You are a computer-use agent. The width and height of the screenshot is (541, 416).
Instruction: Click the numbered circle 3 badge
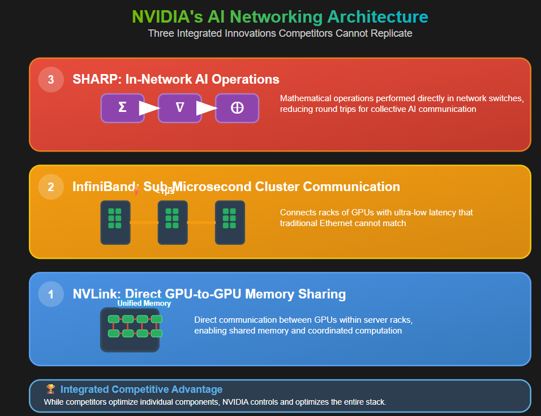point(51,80)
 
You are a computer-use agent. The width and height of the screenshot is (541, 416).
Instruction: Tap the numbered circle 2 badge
point(51,187)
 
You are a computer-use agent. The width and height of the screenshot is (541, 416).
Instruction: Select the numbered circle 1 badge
point(51,294)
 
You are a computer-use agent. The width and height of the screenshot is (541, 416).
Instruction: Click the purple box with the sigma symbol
point(122,108)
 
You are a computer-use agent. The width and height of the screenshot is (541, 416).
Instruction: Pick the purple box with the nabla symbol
point(180,108)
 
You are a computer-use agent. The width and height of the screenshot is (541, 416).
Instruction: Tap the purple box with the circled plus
point(237,108)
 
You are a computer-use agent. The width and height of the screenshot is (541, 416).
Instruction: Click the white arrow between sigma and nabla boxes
point(149,108)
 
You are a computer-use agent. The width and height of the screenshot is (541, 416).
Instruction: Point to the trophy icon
point(51,389)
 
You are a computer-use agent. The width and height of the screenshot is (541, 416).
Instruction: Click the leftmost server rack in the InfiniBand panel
point(115,222)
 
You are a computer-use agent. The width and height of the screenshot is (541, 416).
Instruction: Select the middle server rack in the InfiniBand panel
point(172,222)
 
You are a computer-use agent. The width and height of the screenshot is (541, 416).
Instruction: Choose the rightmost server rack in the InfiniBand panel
point(230,222)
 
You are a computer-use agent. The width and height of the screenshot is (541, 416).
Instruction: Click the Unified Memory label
point(144,304)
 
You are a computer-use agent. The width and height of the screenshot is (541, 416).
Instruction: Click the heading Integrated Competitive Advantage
point(141,389)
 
